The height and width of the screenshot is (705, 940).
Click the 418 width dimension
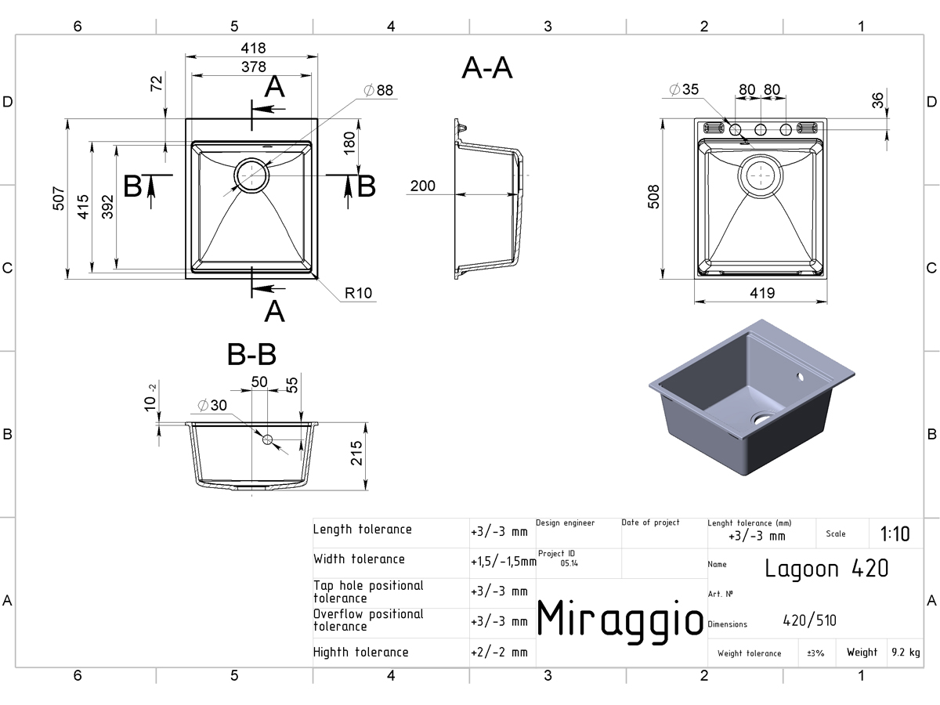pyautogui.click(x=253, y=48)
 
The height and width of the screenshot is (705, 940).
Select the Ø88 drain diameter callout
pyautogui.click(x=378, y=90)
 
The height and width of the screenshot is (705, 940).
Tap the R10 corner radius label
pyautogui.click(x=359, y=293)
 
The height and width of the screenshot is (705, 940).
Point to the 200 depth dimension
pyautogui.click(x=423, y=186)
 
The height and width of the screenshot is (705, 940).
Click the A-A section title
pyautogui.click(x=487, y=68)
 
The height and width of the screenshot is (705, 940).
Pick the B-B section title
pyautogui.click(x=251, y=354)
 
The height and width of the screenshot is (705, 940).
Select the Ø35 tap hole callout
pyautogui.click(x=684, y=89)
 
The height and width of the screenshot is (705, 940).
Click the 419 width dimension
pyautogui.click(x=762, y=293)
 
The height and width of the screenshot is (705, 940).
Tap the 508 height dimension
pyautogui.click(x=653, y=197)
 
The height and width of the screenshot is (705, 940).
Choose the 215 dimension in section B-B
pyautogui.click(x=356, y=454)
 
